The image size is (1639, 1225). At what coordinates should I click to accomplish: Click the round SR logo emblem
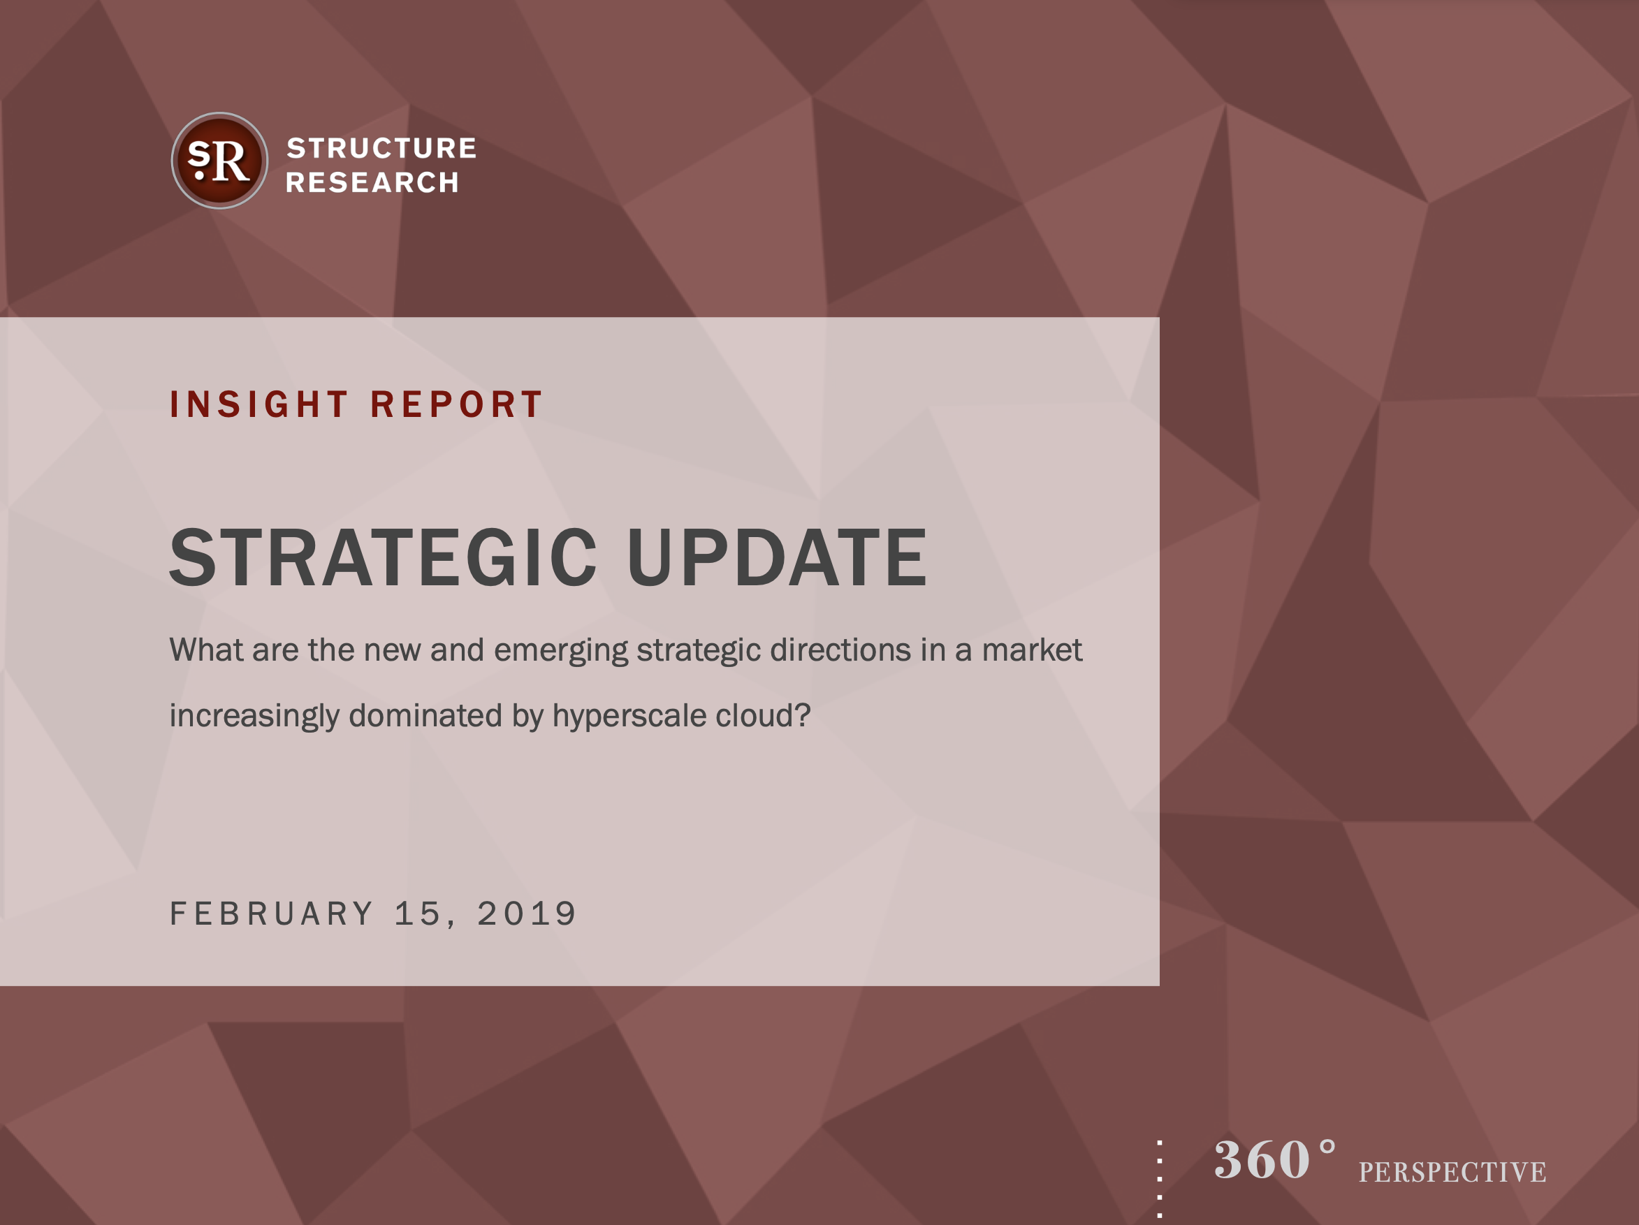(219, 161)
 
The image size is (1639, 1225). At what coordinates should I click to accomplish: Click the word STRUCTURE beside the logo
(381, 148)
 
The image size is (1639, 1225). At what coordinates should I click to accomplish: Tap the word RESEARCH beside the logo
(372, 182)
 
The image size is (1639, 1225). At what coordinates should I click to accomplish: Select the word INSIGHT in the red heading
(258, 404)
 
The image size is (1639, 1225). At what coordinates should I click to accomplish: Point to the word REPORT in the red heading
(456, 404)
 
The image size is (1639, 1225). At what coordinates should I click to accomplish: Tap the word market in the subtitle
(1032, 650)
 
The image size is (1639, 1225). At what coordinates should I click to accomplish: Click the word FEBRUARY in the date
(271, 914)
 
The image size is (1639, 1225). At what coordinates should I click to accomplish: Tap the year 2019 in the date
(526, 914)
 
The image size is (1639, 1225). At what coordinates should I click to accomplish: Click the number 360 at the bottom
(1262, 1160)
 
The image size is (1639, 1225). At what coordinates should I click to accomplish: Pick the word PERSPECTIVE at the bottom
(1452, 1172)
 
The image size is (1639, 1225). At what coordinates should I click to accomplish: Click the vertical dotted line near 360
(1160, 1179)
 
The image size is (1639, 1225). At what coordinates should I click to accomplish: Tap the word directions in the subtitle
(840, 650)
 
